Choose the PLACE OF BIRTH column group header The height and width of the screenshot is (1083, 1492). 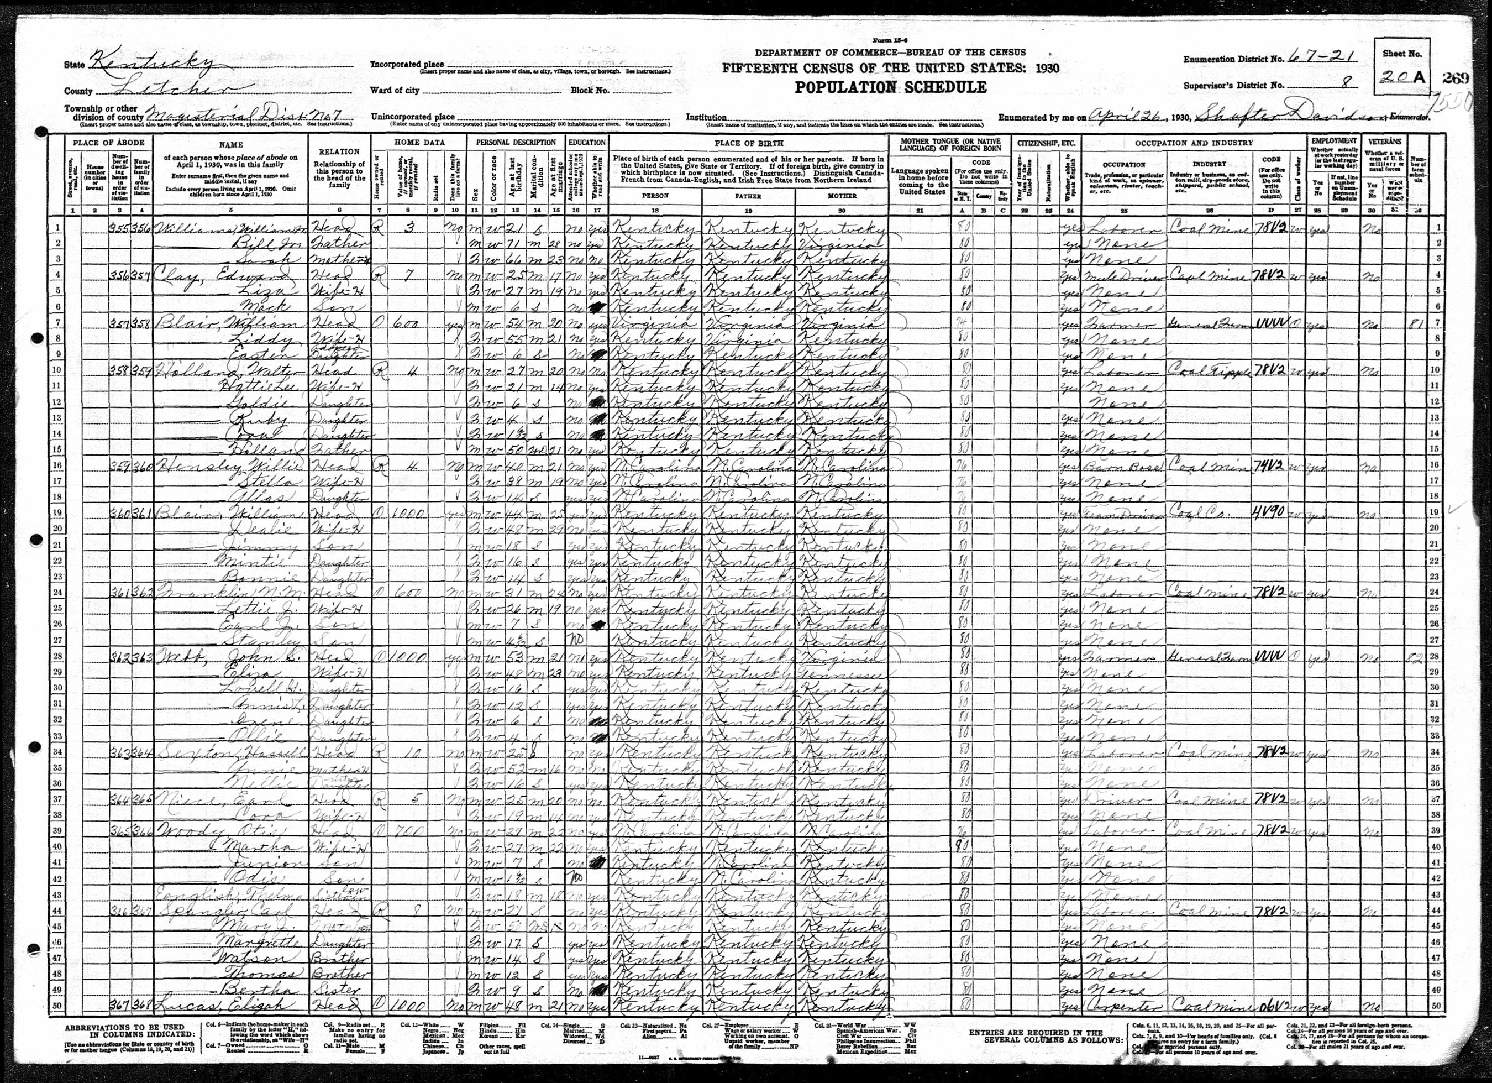pyautogui.click(x=749, y=143)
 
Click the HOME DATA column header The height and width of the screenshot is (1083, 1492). pyautogui.click(x=419, y=143)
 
